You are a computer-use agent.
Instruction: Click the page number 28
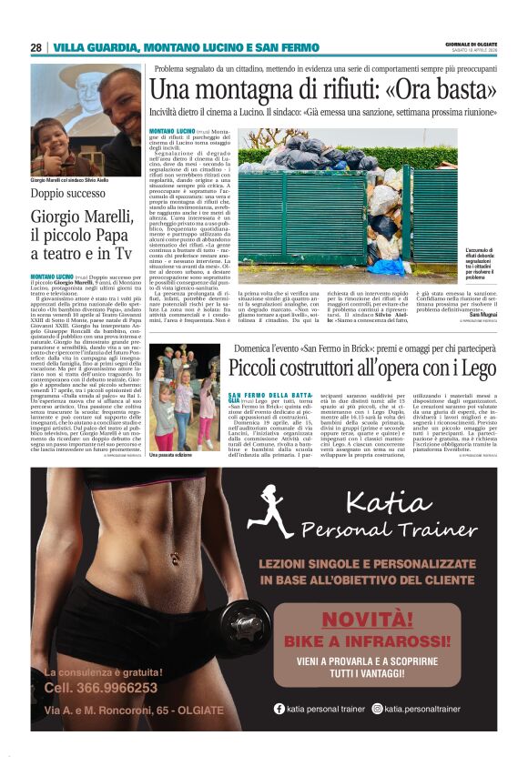click(36, 47)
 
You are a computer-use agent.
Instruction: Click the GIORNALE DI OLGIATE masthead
click(471, 45)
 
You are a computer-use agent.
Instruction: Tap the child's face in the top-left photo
click(54, 146)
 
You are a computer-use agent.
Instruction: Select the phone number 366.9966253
click(100, 688)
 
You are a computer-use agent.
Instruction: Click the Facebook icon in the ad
click(279, 709)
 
